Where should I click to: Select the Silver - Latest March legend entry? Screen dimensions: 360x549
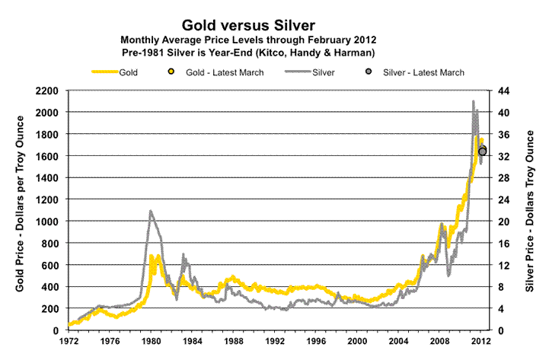pyautogui.click(x=414, y=72)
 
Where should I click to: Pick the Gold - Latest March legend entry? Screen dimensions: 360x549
pyautogui.click(x=214, y=72)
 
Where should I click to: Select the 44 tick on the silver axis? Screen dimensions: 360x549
pyautogui.click(x=503, y=91)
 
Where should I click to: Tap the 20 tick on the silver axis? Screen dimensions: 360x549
pyautogui.click(x=503, y=221)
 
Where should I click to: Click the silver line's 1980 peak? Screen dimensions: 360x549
pyautogui.click(x=151, y=211)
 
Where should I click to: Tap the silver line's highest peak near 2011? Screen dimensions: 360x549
pyautogui.click(x=473, y=101)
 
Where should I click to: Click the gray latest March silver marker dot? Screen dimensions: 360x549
pyautogui.click(x=482, y=151)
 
